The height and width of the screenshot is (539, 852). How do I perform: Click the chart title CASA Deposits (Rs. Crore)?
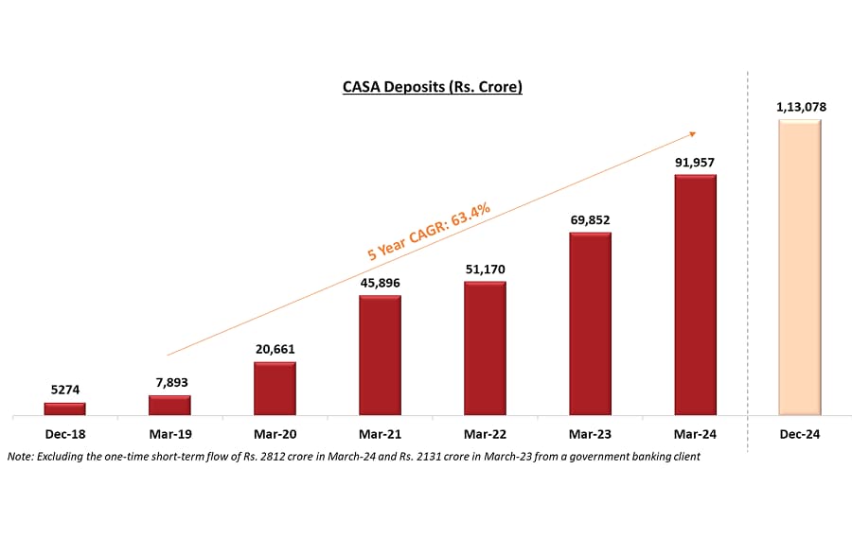(433, 87)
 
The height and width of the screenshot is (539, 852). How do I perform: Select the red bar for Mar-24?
(695, 295)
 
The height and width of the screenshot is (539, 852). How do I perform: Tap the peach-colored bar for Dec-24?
(800, 268)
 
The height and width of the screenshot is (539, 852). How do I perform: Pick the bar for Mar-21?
(380, 356)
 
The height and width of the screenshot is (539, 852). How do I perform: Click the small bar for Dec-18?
(64, 409)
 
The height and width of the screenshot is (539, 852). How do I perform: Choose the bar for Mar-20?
(275, 389)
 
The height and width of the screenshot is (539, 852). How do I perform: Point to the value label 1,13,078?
(800, 107)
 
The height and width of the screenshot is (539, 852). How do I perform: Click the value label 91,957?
(695, 162)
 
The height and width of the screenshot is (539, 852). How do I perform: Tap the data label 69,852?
(590, 219)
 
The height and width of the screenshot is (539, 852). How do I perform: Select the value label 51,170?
(485, 269)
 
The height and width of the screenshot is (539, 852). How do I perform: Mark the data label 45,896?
(380, 283)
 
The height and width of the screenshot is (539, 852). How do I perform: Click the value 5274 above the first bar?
(64, 390)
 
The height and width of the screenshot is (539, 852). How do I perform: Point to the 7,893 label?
(169, 382)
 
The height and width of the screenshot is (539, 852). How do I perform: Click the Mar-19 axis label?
(169, 433)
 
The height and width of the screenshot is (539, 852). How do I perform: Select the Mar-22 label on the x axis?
(485, 433)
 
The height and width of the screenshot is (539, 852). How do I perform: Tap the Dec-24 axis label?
(800, 433)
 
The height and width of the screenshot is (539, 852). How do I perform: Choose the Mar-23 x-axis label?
(590, 433)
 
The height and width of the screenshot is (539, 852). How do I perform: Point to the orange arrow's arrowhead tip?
(698, 133)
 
